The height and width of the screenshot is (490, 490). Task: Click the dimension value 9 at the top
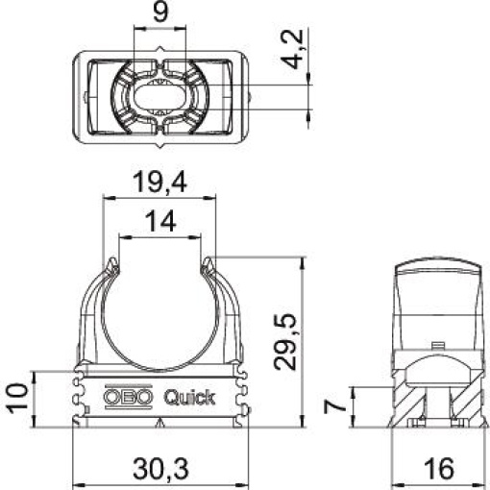tap(160, 14)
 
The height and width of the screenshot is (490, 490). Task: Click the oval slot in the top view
tap(160, 96)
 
